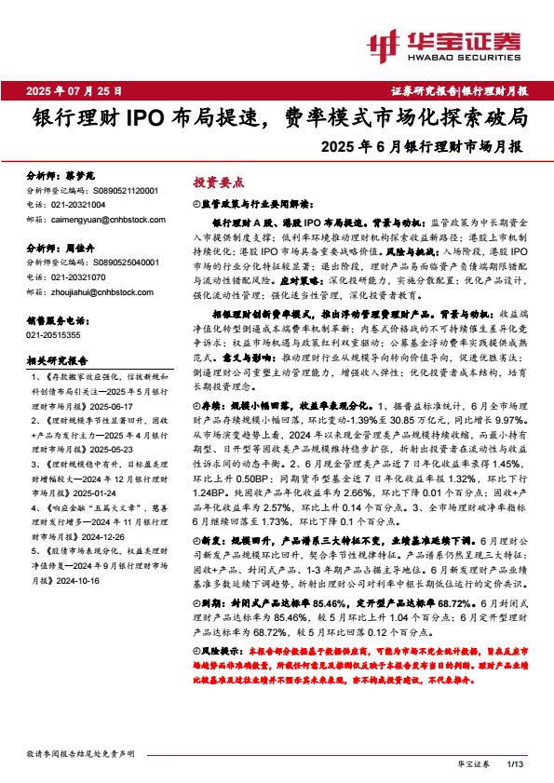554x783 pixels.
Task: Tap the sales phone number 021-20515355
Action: click(x=53, y=333)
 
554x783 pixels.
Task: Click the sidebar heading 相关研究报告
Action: click(x=56, y=359)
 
